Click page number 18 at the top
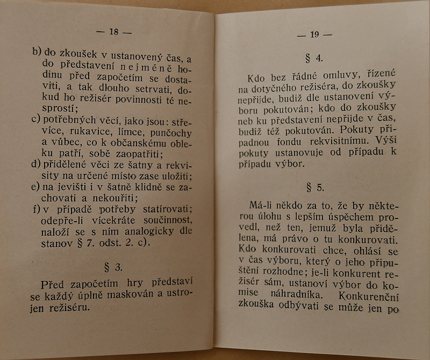[x=113, y=31]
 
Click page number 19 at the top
[x=314, y=35]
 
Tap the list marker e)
[x=36, y=186]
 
